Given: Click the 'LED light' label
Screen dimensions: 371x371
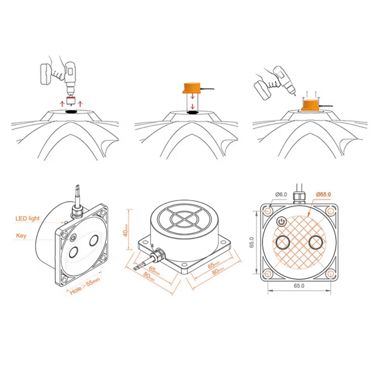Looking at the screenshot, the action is pyautogui.click(x=27, y=219).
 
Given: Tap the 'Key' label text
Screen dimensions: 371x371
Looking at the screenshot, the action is pyautogui.click(x=21, y=236).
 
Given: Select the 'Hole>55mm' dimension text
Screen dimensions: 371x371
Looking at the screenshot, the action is pyautogui.click(x=85, y=286).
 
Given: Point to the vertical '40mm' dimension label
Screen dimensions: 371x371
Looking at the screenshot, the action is pyautogui.click(x=126, y=230).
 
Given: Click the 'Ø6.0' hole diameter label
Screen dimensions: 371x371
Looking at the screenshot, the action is pyautogui.click(x=281, y=194).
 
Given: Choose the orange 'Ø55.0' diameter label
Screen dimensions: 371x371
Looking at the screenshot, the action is pyautogui.click(x=324, y=194).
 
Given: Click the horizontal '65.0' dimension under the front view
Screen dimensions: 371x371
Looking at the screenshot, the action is pyautogui.click(x=299, y=286).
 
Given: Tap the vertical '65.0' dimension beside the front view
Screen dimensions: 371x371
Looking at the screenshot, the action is pyautogui.click(x=252, y=242).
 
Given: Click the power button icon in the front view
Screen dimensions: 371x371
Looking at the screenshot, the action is pyautogui.click(x=281, y=222).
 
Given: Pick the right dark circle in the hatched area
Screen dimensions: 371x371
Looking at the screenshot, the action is pyautogui.click(x=316, y=242).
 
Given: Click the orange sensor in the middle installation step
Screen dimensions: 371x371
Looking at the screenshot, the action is pyautogui.click(x=191, y=88).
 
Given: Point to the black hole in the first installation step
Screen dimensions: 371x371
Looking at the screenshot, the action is pyautogui.click(x=71, y=111).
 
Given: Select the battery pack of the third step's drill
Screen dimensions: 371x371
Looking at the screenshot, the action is pyautogui.click(x=263, y=90).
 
